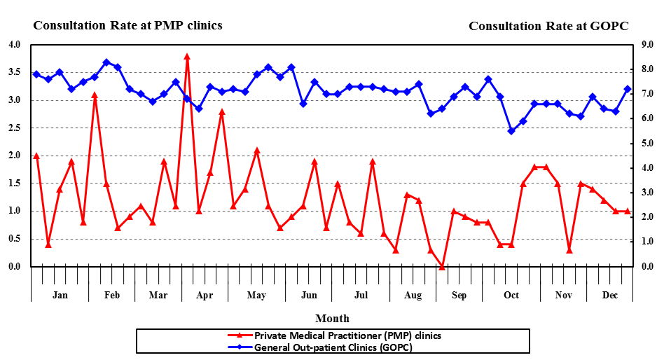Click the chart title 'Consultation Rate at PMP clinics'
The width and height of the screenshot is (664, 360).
point(127,25)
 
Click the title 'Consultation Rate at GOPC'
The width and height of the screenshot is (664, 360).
point(548,26)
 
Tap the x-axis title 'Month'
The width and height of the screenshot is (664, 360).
point(332,319)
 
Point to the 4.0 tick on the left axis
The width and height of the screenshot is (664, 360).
point(15,45)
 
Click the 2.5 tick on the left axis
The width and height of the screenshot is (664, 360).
point(15,128)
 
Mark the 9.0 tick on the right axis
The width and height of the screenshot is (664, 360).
point(646,45)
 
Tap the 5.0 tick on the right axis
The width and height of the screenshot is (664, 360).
point(646,144)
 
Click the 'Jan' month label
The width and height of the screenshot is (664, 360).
point(60,295)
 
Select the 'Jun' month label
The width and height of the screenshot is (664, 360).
point(309,295)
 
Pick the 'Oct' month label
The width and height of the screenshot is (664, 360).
point(511,295)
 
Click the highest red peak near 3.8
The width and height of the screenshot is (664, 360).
point(187,56)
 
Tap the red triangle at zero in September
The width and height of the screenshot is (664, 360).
point(442,266)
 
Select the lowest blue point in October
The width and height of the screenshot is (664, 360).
point(511,131)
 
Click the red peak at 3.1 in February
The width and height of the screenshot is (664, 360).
point(95,95)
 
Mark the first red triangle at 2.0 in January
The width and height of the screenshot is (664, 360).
point(36,155)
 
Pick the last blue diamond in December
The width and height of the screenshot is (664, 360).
point(628,89)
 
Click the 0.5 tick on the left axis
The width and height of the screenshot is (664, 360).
point(15,239)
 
